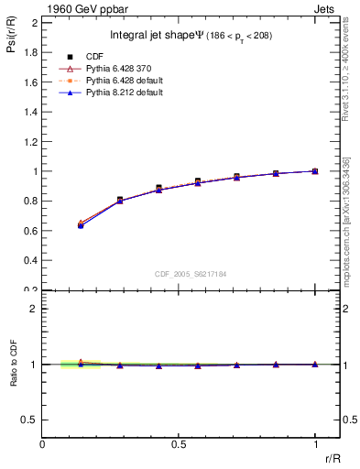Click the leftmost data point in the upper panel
(81, 224)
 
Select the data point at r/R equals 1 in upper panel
(315, 171)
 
